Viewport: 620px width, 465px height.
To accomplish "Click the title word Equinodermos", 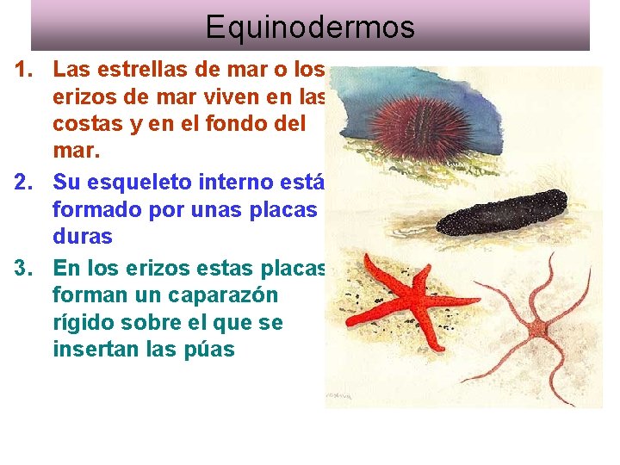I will tap(310, 27).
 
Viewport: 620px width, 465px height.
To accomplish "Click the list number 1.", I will tap(24, 68).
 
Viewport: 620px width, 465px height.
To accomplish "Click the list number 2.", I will tap(24, 182).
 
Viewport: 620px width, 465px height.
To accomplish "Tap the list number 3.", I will tap(24, 267).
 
